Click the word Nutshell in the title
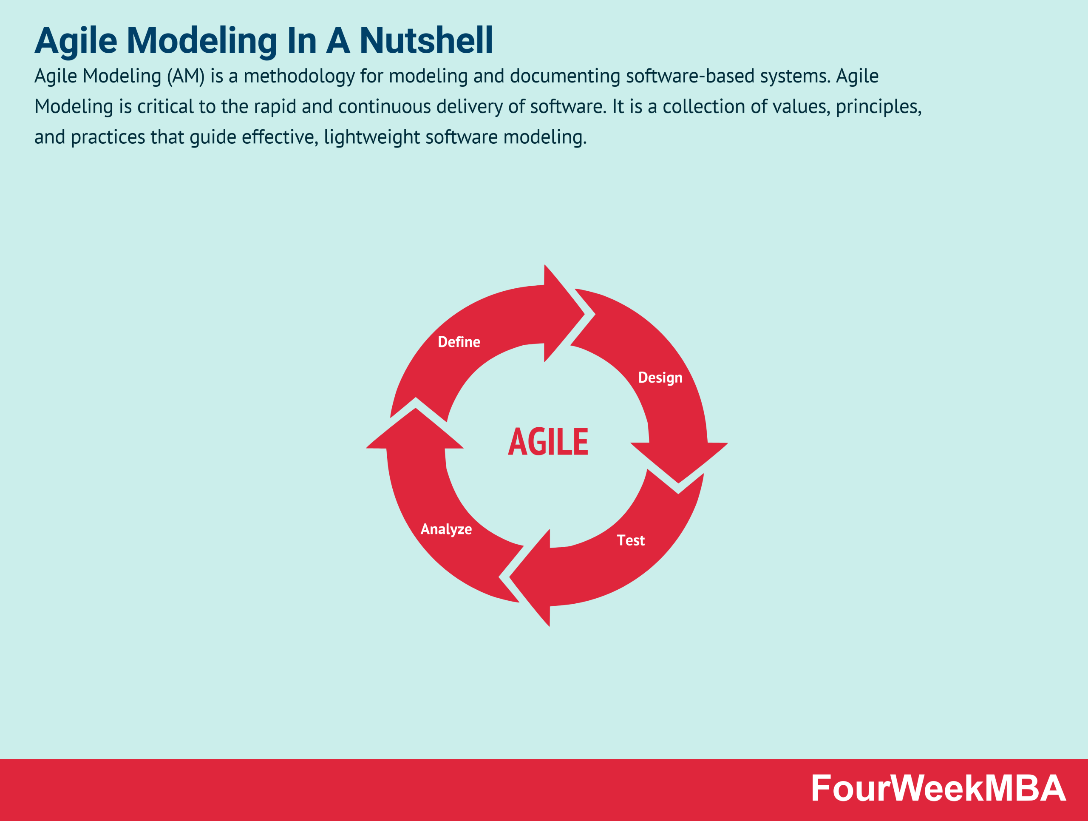[426, 40]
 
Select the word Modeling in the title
[202, 41]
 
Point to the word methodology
[299, 76]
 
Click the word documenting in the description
[565, 76]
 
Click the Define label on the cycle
[459, 342]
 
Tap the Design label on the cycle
[660, 378]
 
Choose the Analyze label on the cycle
[446, 529]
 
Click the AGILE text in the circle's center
[548, 441]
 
